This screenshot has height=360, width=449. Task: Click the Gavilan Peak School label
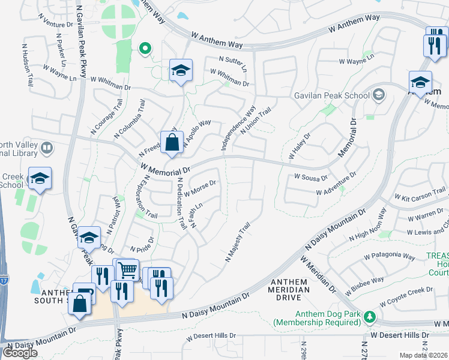click(x=331, y=95)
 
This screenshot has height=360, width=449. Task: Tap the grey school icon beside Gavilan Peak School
click(x=379, y=95)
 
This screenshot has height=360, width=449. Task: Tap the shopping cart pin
click(x=127, y=271)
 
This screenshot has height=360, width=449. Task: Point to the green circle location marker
click(x=144, y=49)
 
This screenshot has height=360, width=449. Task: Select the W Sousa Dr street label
click(x=310, y=178)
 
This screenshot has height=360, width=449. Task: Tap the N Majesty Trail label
click(x=238, y=242)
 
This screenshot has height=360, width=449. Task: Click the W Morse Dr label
click(x=200, y=190)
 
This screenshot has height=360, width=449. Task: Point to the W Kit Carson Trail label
click(x=420, y=194)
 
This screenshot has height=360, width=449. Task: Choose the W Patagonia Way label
click(x=390, y=256)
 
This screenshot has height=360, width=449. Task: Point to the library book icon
click(x=46, y=147)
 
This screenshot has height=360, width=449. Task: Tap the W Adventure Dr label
click(x=336, y=184)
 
